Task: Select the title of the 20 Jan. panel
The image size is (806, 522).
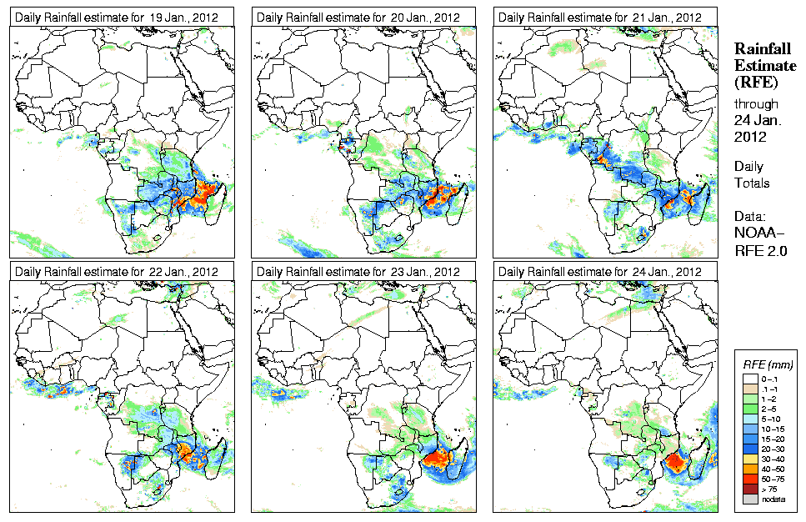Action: click(x=358, y=17)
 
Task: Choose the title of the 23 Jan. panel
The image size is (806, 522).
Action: click(x=358, y=272)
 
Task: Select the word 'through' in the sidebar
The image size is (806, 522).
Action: click(x=756, y=104)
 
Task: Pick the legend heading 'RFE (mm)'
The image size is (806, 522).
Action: click(x=768, y=364)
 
